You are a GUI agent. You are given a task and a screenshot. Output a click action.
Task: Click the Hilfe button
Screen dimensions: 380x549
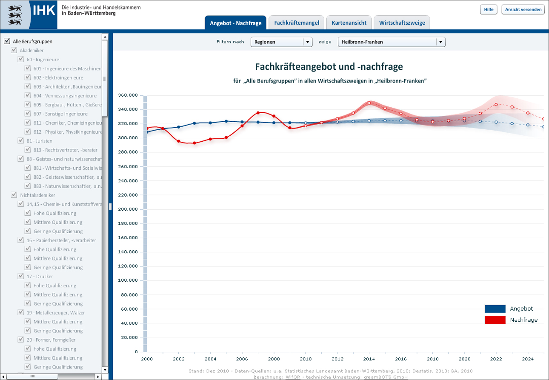coord(488,9)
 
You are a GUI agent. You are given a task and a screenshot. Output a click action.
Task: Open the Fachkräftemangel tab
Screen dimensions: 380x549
coord(297,23)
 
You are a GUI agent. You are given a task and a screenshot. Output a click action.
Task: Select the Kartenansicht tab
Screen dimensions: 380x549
coord(349,23)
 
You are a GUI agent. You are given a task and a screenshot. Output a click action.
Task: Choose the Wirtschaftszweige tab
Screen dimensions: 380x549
coord(402,23)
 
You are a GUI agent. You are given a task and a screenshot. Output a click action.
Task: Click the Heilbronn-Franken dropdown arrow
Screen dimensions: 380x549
coord(440,42)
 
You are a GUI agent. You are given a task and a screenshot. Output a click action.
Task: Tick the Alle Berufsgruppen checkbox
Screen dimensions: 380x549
coord(7,41)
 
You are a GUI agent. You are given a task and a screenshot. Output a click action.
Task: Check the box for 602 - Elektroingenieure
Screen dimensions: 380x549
coord(28,77)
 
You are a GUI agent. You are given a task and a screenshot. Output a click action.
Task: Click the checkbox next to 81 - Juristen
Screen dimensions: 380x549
coord(20,140)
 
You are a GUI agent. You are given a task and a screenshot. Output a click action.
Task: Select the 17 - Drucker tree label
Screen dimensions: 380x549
coord(43,277)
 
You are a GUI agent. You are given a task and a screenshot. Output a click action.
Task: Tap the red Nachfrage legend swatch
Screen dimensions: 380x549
coord(495,320)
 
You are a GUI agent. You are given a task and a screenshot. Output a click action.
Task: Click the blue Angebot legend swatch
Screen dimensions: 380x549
coord(495,309)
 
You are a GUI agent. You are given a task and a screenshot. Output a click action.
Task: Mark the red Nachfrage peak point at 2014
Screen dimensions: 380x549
coord(369,103)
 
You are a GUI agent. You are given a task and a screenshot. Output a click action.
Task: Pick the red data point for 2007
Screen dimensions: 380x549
coord(258,113)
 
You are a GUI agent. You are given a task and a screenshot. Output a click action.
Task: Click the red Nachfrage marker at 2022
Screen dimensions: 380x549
coord(496,104)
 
